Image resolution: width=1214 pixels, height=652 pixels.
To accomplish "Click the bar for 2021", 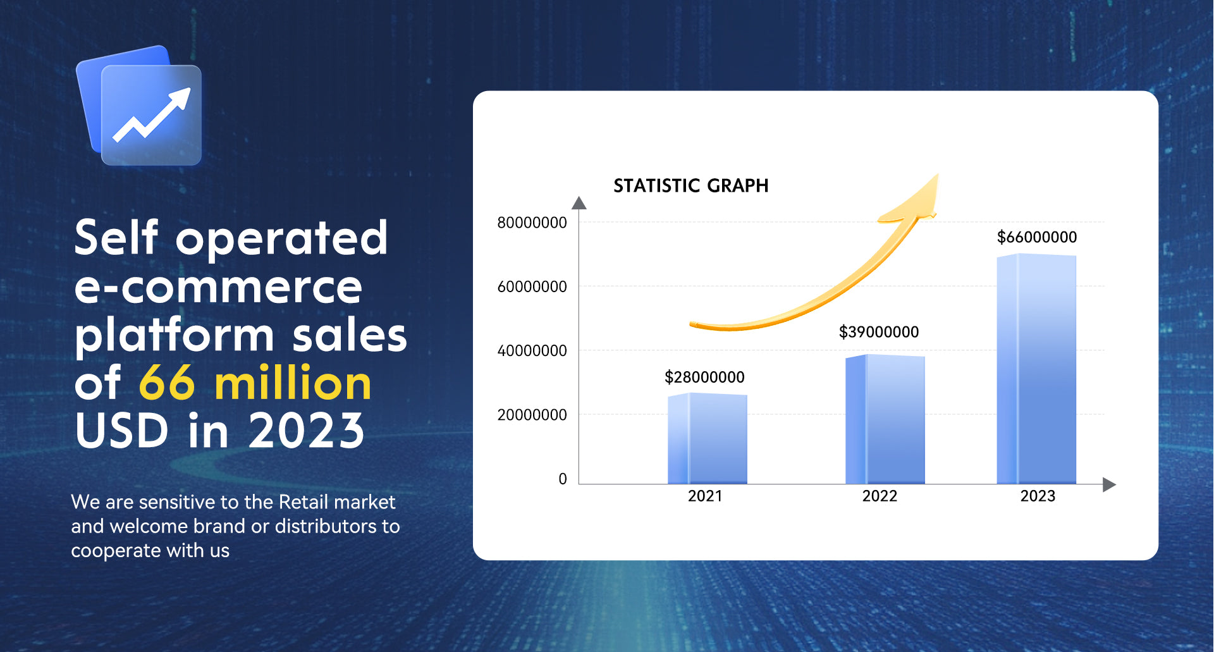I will point(708,439).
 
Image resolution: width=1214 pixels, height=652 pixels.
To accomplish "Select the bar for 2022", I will point(885,420).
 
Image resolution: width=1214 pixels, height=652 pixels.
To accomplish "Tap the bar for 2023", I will point(1036,369).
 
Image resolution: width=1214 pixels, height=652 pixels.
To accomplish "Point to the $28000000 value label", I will point(704,378).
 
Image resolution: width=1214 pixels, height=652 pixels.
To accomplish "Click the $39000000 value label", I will point(878,332).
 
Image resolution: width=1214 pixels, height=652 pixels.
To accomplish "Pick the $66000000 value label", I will point(1036,237).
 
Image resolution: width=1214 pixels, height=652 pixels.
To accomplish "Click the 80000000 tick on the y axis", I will point(532,223).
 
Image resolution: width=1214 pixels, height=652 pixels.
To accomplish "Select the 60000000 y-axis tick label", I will point(532,287).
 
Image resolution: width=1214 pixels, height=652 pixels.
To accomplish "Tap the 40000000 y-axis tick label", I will point(532,351).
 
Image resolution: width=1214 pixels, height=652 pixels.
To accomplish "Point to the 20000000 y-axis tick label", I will point(532,415).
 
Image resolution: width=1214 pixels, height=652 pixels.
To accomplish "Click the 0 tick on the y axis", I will point(562,479).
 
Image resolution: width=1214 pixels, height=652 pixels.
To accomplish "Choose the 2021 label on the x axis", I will point(705,496).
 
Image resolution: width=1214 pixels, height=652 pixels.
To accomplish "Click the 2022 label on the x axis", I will point(880,496).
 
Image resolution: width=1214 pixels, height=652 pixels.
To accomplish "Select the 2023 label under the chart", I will point(1038,496).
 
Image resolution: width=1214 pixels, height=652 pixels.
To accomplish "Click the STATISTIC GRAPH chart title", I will point(690,186).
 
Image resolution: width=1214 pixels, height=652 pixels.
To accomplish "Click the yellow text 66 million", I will point(255,383).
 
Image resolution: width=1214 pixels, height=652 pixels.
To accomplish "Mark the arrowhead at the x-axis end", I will point(1109,484).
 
